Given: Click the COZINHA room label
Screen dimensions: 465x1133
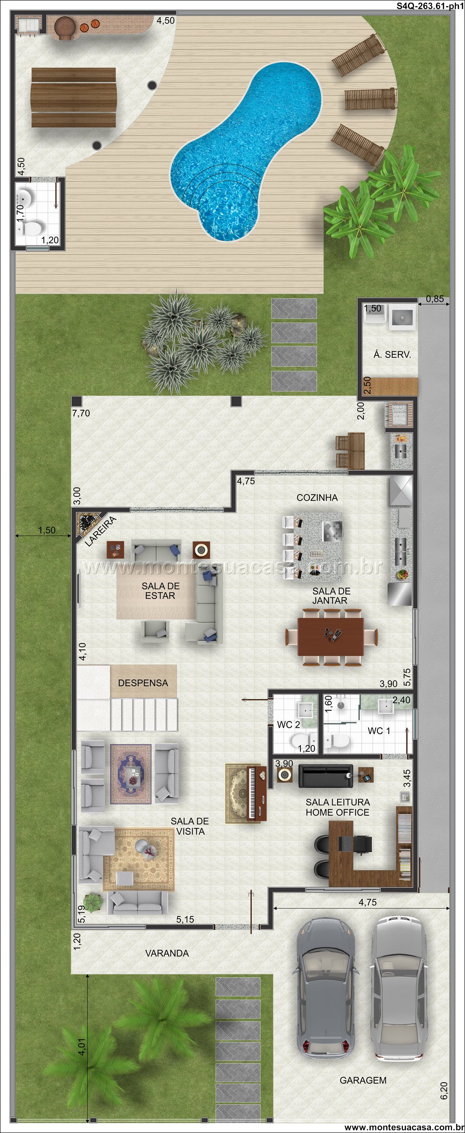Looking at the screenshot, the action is [x=317, y=498].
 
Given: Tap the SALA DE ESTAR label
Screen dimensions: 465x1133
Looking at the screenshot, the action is [x=160, y=591].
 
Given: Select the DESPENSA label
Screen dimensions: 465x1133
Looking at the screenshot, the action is [x=143, y=683].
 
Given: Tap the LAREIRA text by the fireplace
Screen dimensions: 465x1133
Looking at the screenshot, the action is [x=101, y=531].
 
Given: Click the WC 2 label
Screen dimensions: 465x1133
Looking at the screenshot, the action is [x=288, y=725].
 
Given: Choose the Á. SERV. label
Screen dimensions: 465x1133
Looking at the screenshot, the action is [x=392, y=354].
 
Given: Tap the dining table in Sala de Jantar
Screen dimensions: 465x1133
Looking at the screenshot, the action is [x=331, y=636].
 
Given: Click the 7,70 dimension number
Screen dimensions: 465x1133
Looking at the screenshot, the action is [x=81, y=413].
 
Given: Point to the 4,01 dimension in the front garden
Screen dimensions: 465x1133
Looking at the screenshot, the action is [x=82, y=1047].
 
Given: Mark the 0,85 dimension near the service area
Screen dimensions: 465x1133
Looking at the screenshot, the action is [x=435, y=299].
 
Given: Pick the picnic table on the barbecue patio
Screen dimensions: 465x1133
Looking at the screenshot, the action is [x=73, y=97].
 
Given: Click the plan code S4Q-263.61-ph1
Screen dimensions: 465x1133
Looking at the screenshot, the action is [x=430, y=6].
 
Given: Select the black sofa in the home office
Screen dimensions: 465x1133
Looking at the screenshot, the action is [x=325, y=776].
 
